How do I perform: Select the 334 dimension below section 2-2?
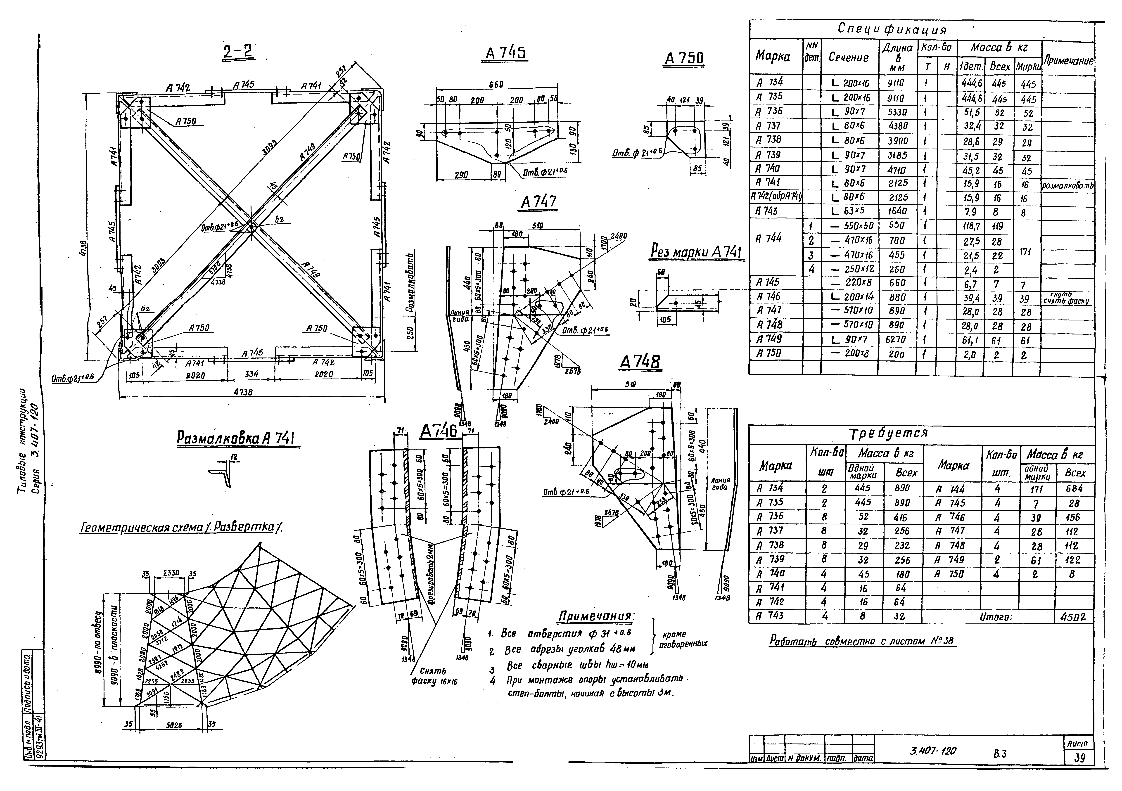click(251, 374)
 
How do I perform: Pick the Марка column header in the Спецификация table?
click(773, 57)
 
